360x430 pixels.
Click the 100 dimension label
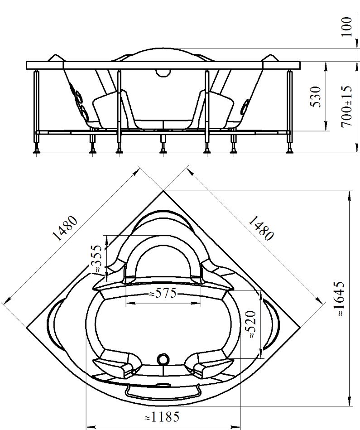tap(347, 27)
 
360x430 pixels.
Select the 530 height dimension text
tap(315, 97)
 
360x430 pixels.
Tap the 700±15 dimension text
tap(346, 106)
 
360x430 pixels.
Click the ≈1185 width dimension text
tap(162, 417)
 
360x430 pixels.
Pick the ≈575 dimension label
tap(163, 294)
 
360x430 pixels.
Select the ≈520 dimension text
tap(251, 324)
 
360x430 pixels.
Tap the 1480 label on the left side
tap(65, 228)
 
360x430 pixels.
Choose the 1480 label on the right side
tap(261, 228)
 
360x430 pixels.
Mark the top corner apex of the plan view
tap(163, 191)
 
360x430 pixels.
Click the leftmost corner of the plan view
tap(27, 327)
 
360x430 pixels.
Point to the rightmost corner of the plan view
tap(300, 327)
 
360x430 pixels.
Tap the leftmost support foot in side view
tap(36, 150)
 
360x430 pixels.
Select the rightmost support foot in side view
tap(290, 150)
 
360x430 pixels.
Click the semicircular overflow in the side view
tap(163, 72)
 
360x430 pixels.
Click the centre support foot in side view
tap(163, 150)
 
